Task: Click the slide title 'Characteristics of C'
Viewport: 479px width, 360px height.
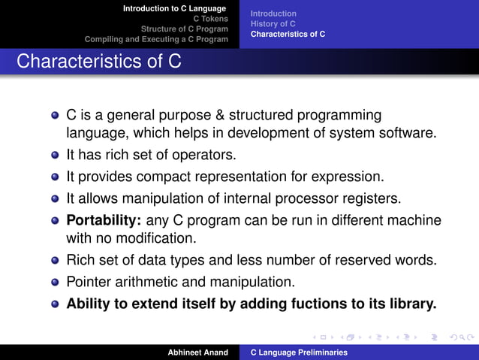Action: pyautogui.click(x=98, y=61)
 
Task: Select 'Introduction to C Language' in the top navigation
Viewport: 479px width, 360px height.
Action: pyautogui.click(x=174, y=8)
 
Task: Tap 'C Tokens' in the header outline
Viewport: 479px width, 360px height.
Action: pyautogui.click(x=210, y=19)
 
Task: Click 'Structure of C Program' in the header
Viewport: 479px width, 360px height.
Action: pyautogui.click(x=185, y=29)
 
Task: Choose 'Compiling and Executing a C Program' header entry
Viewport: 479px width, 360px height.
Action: pyautogui.click(x=156, y=39)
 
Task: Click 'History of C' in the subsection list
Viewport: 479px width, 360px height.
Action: pyautogui.click(x=273, y=24)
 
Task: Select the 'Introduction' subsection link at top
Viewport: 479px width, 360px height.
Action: pyautogui.click(x=273, y=14)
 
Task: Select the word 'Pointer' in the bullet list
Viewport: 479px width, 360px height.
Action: pyautogui.click(x=88, y=283)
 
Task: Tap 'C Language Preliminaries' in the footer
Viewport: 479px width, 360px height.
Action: pyautogui.click(x=298, y=352)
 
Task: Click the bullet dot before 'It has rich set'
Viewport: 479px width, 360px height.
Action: pyautogui.click(x=56, y=156)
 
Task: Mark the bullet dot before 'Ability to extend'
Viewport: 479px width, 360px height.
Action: pyautogui.click(x=56, y=305)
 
